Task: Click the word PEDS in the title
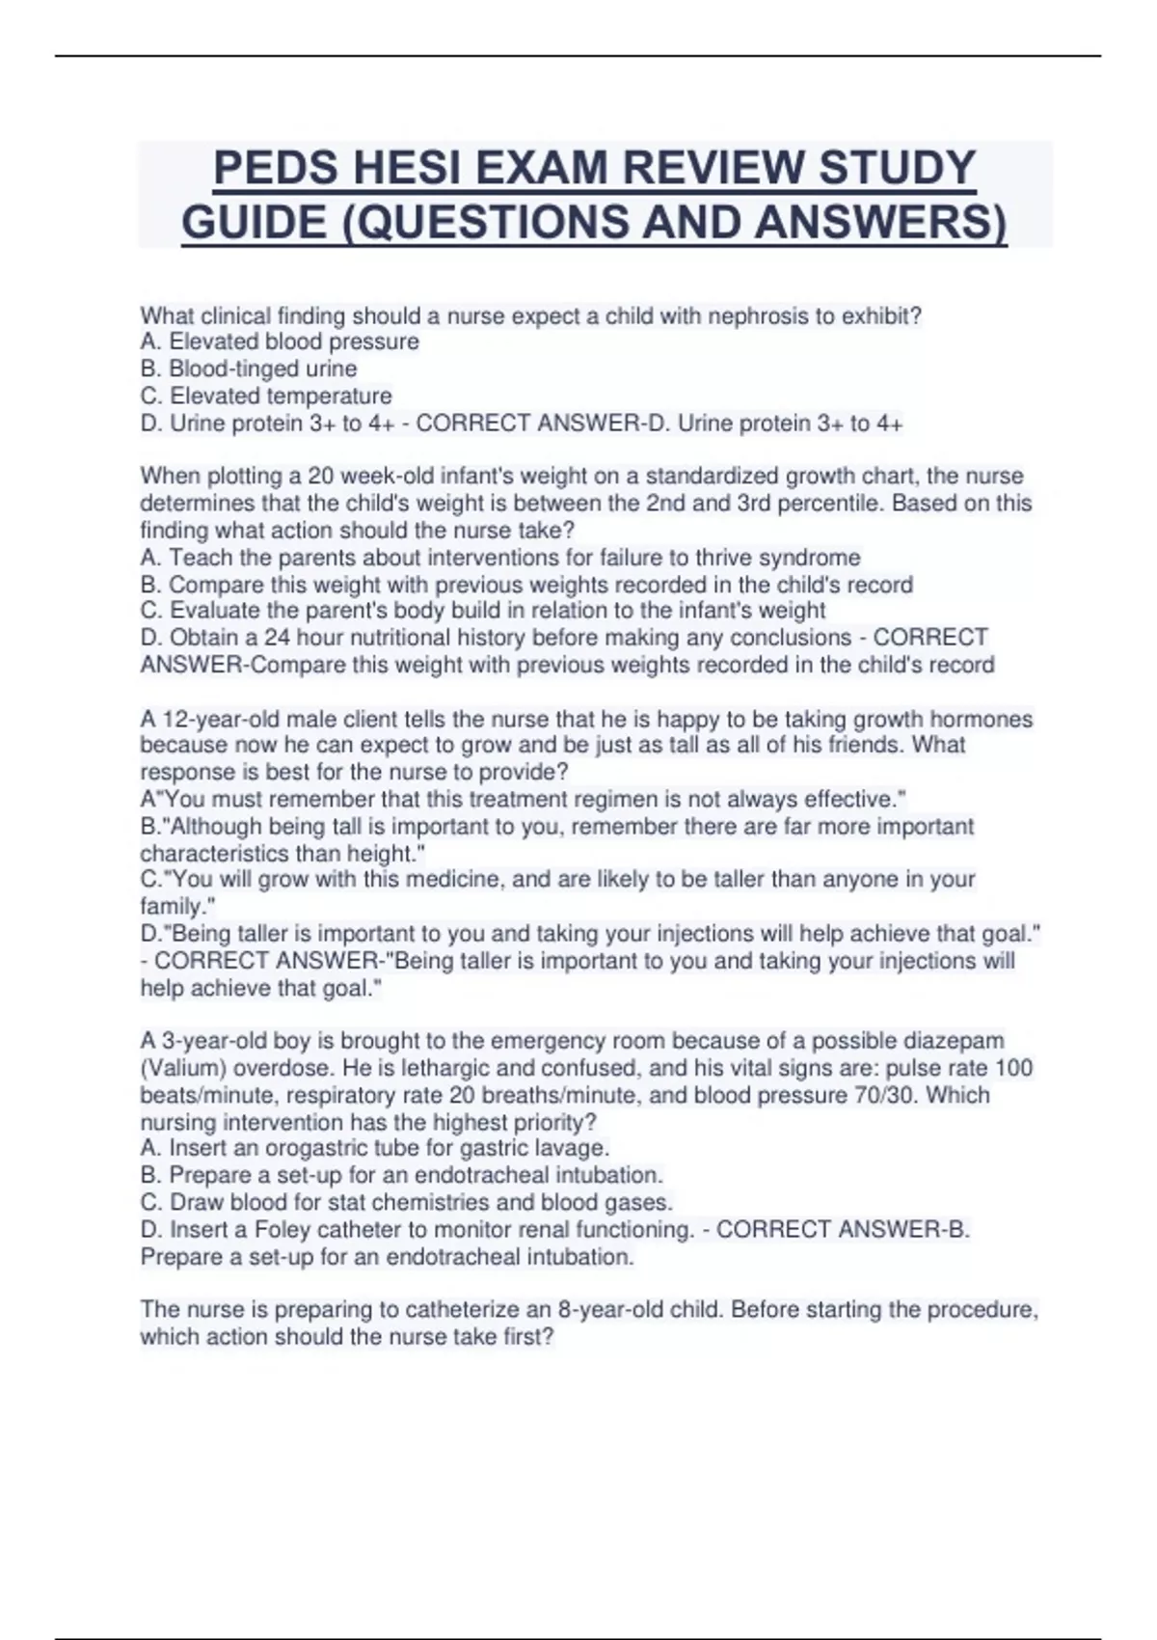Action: pos(275,169)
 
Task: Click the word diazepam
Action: pos(954,1041)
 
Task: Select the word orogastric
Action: pos(320,1148)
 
